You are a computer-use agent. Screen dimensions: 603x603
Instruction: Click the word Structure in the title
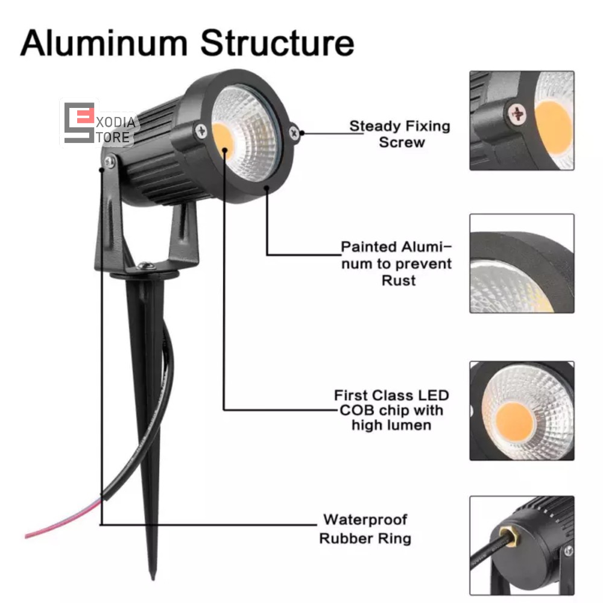tap(277, 43)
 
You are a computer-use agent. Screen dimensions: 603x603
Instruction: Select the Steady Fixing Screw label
tap(400, 134)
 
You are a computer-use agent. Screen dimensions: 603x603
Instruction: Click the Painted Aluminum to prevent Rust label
tap(396, 264)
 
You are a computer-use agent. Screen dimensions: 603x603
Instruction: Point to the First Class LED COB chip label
tap(391, 410)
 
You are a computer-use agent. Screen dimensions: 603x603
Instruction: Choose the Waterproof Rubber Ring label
tap(365, 528)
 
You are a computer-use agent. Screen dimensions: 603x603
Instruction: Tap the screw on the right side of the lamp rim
tap(294, 132)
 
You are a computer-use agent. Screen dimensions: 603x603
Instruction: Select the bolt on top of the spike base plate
tap(144, 266)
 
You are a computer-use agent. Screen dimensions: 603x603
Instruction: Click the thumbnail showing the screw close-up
tap(522, 120)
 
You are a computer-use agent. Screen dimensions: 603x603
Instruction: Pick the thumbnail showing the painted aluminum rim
tap(522, 264)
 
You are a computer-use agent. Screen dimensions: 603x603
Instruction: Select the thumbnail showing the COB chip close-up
tap(522, 411)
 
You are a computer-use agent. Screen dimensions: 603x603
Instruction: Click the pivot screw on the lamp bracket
tap(109, 160)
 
